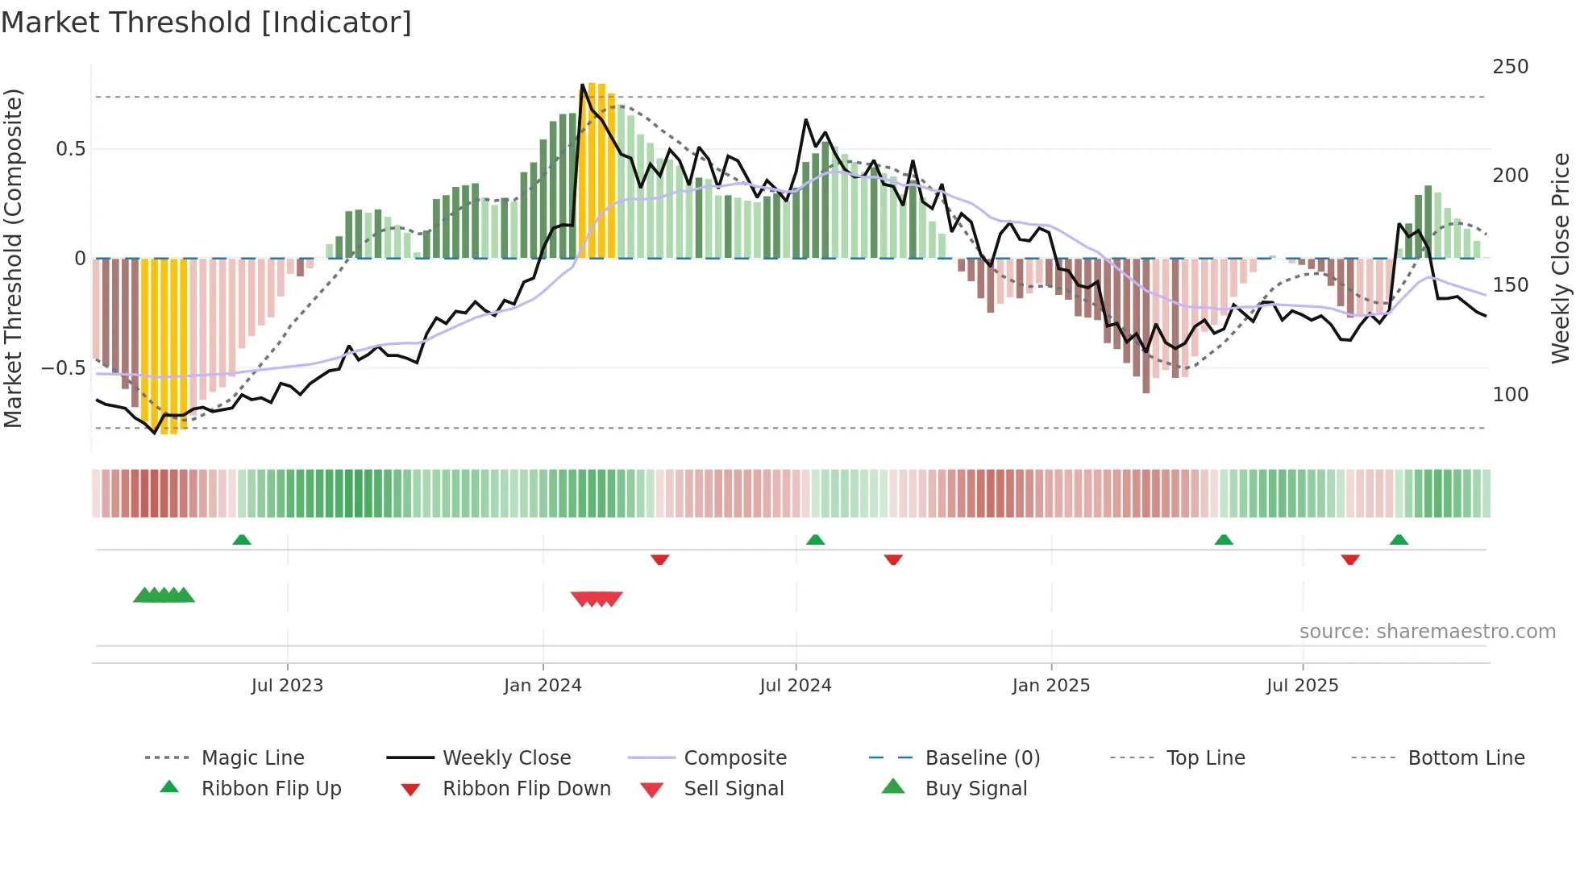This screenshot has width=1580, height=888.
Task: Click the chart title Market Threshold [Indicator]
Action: [x=206, y=23]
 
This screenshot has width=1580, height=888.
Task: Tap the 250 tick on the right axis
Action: [x=1510, y=67]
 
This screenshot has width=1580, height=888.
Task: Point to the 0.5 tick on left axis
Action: [x=71, y=149]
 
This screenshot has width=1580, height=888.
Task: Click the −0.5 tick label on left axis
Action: [x=64, y=368]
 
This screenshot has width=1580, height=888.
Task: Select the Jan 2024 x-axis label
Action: [x=543, y=686]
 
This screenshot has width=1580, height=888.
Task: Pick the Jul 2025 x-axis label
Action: [x=1302, y=686]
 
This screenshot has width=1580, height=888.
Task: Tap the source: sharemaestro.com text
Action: [x=1427, y=632]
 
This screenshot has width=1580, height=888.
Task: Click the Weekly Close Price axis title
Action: [x=1561, y=258]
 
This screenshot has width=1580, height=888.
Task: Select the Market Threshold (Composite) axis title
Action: [x=13, y=258]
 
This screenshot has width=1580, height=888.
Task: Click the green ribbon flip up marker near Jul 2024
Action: [x=815, y=539]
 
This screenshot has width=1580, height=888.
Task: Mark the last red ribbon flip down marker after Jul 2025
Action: [x=1350, y=559]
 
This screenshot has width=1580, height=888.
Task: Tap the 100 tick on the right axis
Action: [x=1510, y=395]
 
